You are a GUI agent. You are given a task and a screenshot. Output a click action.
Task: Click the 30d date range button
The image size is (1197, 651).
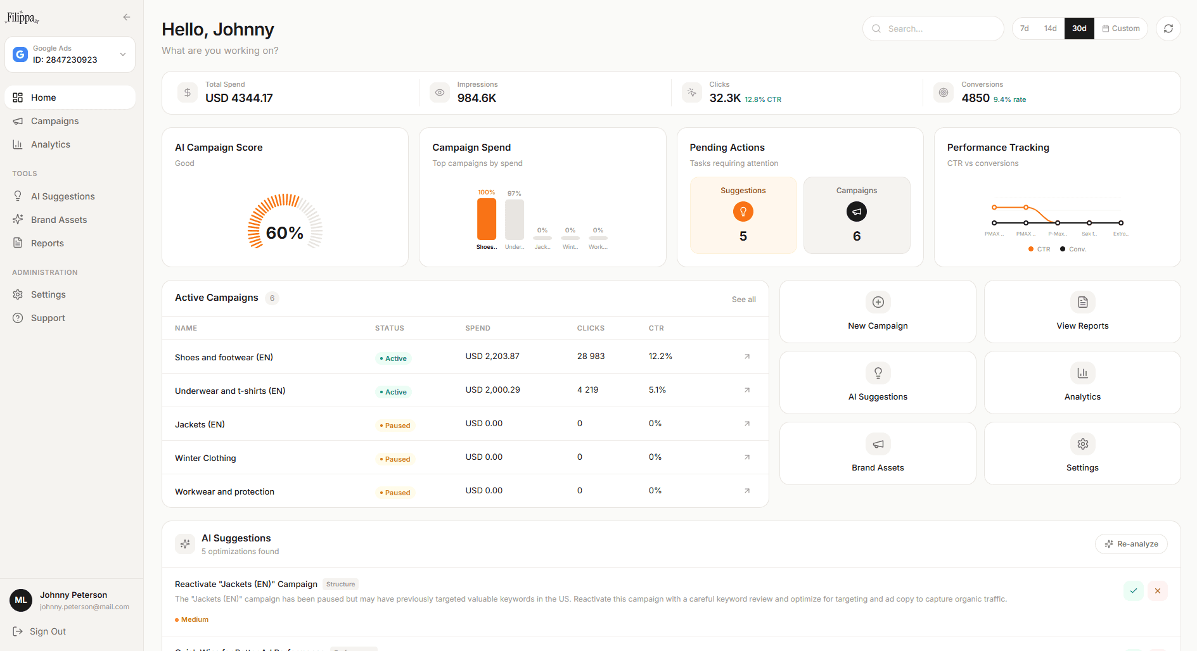click(x=1079, y=28)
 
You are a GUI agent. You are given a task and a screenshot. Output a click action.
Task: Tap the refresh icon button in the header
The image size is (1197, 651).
click(x=1168, y=28)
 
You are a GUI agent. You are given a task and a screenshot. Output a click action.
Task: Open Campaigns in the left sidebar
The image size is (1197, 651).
click(x=54, y=121)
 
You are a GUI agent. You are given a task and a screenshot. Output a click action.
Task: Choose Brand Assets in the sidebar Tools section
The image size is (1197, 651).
click(x=58, y=220)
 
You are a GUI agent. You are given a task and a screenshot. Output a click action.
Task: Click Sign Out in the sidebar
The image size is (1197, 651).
click(x=48, y=631)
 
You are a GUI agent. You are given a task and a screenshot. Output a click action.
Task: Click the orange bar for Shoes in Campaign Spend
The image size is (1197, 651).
click(x=487, y=219)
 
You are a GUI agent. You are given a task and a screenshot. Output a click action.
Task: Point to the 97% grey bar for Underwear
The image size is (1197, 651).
click(x=514, y=220)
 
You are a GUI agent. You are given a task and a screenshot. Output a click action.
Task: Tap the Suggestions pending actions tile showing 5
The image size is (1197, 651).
click(x=743, y=215)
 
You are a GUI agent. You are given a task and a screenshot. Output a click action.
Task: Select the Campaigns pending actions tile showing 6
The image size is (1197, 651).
click(x=856, y=215)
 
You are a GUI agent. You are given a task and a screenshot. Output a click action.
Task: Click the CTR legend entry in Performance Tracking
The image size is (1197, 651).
click(x=1039, y=250)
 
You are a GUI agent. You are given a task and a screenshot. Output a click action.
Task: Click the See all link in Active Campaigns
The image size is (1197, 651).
click(x=743, y=300)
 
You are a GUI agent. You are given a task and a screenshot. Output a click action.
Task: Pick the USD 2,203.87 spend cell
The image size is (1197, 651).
click(x=492, y=357)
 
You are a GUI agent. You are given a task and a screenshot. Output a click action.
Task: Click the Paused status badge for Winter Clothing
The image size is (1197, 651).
click(x=395, y=459)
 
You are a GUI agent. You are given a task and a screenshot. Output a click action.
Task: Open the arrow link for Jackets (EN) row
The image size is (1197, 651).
click(x=747, y=424)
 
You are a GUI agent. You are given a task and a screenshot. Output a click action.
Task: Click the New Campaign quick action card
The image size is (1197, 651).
click(x=877, y=312)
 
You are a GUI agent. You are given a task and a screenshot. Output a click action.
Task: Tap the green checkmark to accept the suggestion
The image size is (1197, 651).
click(x=1133, y=591)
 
